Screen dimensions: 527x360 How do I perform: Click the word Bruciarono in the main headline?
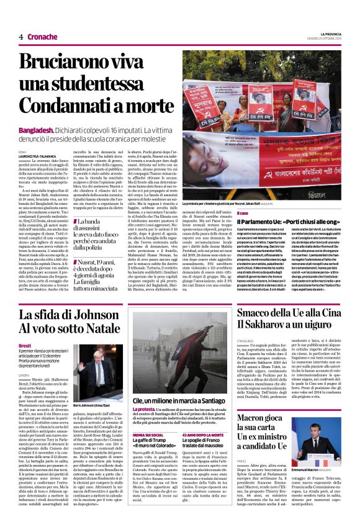tap(63, 63)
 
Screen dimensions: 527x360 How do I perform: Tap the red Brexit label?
tap(25, 345)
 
